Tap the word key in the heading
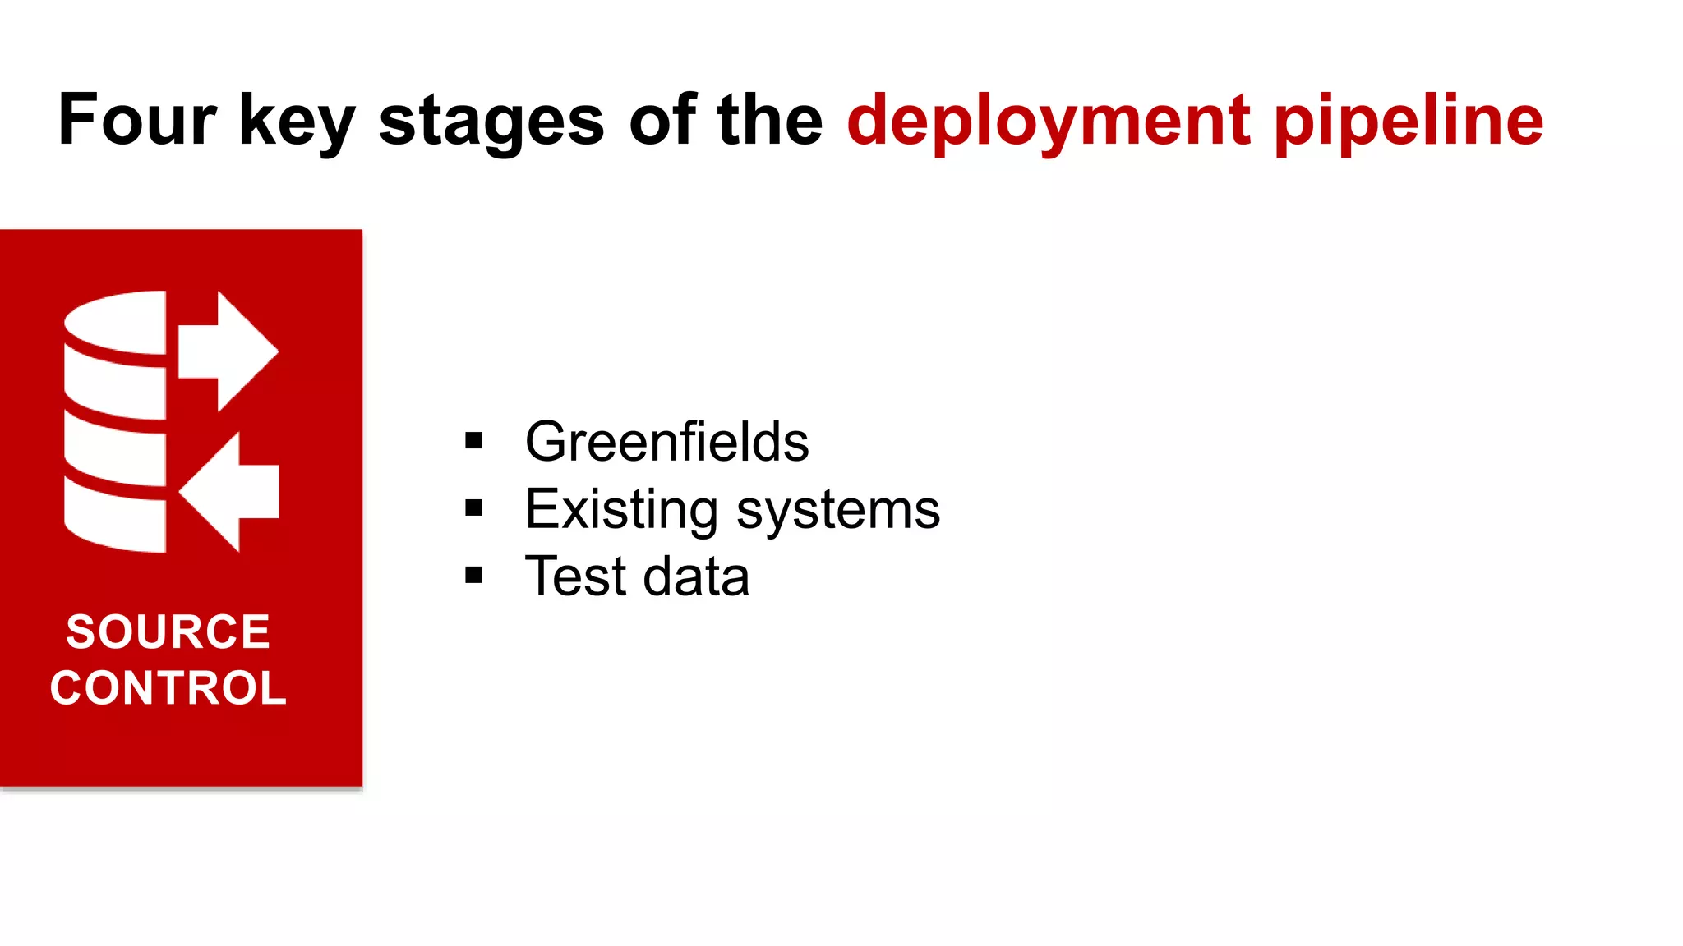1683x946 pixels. [x=297, y=123]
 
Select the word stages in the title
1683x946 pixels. [x=491, y=123]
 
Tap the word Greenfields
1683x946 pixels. [x=666, y=442]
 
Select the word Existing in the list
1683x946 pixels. [x=621, y=510]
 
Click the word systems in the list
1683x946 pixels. [x=838, y=510]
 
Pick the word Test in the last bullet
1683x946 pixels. [x=575, y=576]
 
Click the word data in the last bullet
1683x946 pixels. [x=696, y=576]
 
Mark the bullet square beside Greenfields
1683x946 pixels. [x=473, y=441]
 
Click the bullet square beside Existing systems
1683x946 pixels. [x=473, y=507]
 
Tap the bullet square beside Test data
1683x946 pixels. [x=473, y=575]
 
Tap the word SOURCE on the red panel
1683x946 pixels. [x=168, y=631]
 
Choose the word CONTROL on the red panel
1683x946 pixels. [x=168, y=688]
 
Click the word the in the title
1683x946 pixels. [x=769, y=120]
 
